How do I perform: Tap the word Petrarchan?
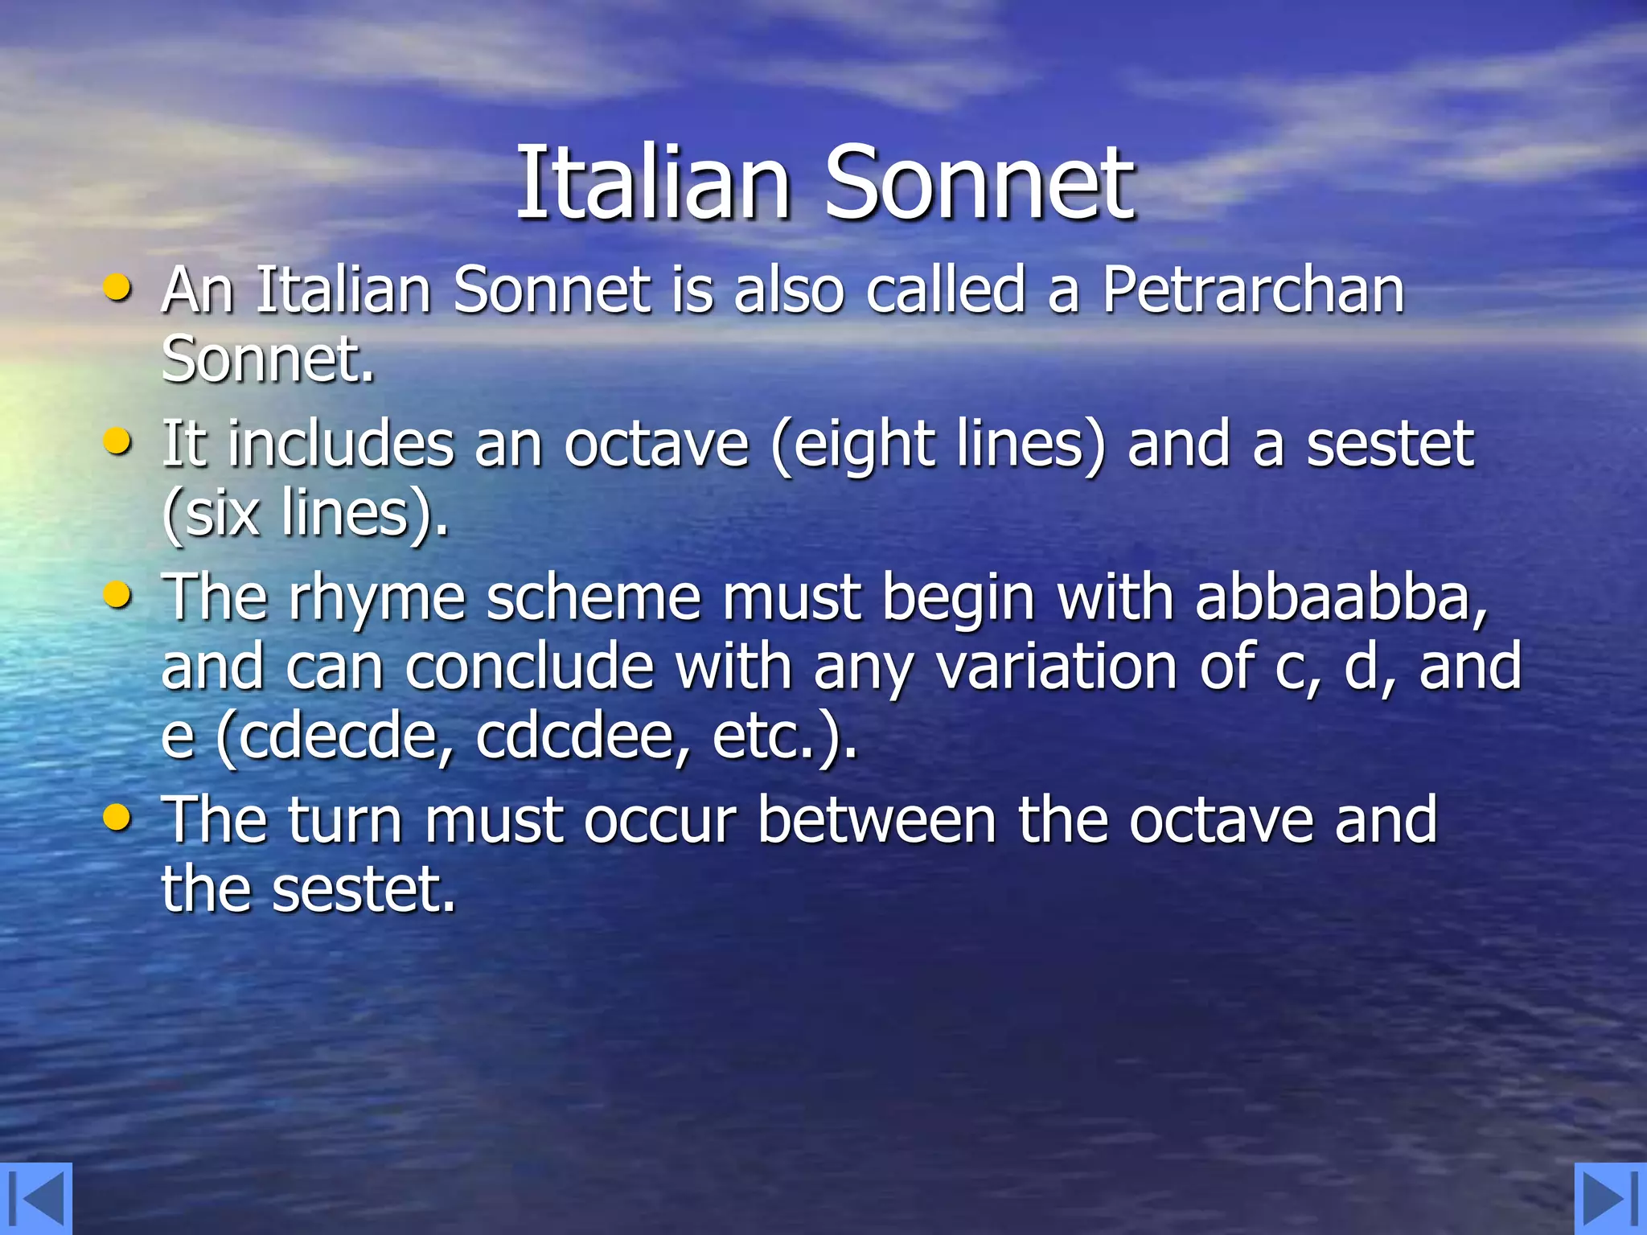[1253, 289]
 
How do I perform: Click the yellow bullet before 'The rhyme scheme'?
[118, 595]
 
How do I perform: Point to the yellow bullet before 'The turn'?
[118, 818]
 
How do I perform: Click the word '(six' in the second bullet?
[211, 515]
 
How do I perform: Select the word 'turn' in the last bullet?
[345, 821]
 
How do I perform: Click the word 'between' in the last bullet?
[877, 821]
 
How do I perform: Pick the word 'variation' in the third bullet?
[1057, 667]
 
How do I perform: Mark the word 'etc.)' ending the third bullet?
[785, 736]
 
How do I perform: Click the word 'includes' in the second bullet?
[341, 444]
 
